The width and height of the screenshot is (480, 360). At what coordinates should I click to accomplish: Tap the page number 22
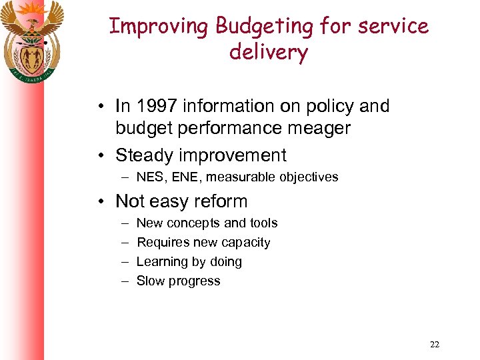[435, 345]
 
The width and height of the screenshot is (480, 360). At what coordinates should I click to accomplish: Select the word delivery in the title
[269, 52]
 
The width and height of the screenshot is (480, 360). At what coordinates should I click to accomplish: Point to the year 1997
[155, 106]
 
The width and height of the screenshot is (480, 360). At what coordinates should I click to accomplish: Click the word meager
[319, 128]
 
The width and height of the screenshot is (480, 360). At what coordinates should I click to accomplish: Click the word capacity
[247, 243]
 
